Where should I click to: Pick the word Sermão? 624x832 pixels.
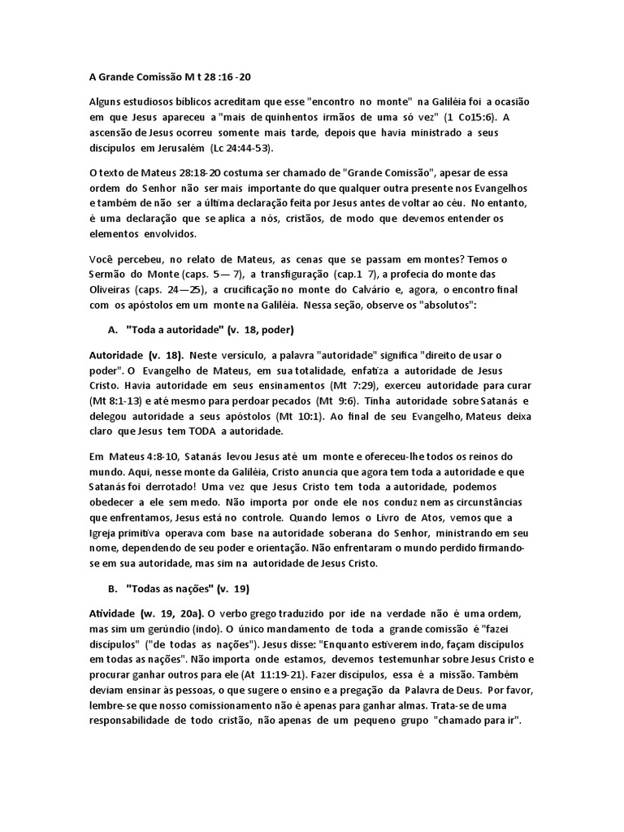pos(108,276)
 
